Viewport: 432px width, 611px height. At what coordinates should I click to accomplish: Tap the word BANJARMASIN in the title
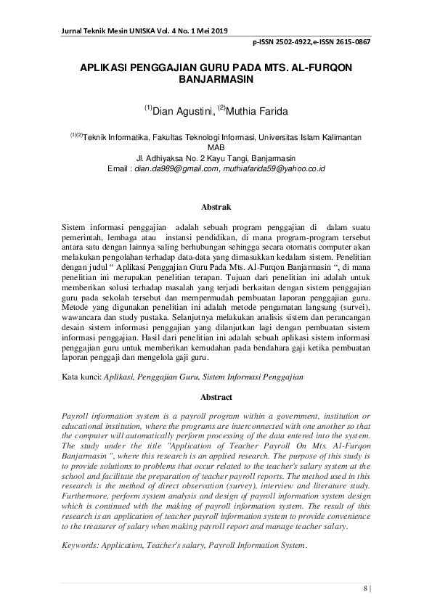(x=216, y=76)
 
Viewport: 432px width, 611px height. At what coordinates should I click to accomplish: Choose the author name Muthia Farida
(x=258, y=112)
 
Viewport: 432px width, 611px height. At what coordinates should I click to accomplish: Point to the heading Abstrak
(x=216, y=207)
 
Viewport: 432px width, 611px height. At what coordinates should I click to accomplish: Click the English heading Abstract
(x=216, y=397)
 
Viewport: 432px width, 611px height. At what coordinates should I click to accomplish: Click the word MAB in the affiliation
(x=216, y=146)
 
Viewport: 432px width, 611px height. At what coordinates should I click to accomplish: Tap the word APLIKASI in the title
(x=109, y=65)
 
